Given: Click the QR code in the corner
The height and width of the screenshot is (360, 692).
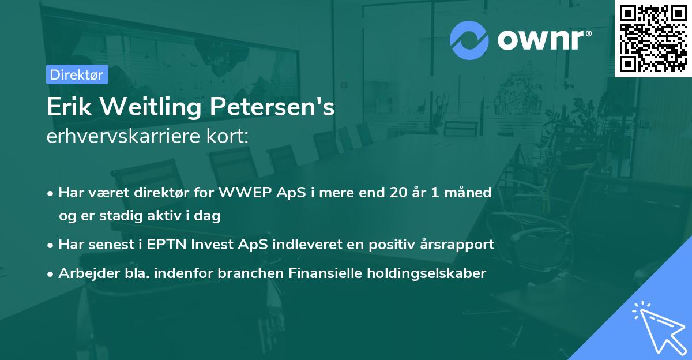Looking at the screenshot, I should point(653,39).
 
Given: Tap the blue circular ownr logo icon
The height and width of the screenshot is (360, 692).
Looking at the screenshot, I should point(469,40).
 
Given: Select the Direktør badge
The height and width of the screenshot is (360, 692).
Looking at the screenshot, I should point(77,74).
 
